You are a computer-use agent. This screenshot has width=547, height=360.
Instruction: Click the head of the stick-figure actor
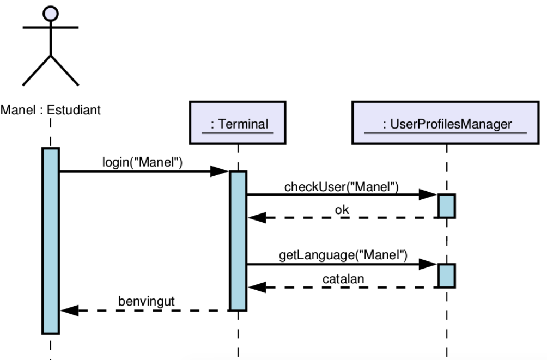point(50,13)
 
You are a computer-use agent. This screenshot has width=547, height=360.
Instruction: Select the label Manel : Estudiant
point(50,110)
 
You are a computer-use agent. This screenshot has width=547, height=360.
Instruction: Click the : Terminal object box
point(238,124)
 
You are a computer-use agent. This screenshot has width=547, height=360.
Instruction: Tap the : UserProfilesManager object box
point(446,124)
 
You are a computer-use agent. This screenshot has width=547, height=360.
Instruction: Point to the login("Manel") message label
point(142,162)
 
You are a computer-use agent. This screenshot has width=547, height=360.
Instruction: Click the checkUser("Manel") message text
point(342,186)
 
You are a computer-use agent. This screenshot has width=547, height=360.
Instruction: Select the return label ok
point(342,210)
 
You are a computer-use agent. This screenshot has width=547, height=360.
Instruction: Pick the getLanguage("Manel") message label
point(343,255)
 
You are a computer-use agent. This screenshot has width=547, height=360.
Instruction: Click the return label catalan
point(342,279)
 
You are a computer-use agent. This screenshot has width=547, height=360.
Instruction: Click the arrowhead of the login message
point(220,172)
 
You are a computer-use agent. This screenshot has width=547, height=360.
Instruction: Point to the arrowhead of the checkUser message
point(429,194)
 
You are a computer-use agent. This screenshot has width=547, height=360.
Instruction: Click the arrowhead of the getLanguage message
point(429,265)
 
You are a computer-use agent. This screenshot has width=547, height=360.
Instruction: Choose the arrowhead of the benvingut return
point(69,310)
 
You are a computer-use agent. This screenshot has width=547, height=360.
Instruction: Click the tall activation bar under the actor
point(50,240)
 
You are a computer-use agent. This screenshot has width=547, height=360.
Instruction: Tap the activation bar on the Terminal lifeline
point(238,240)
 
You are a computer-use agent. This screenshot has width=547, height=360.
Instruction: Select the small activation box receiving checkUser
point(446,206)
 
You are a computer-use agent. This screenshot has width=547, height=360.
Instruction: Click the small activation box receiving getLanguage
point(446,276)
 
